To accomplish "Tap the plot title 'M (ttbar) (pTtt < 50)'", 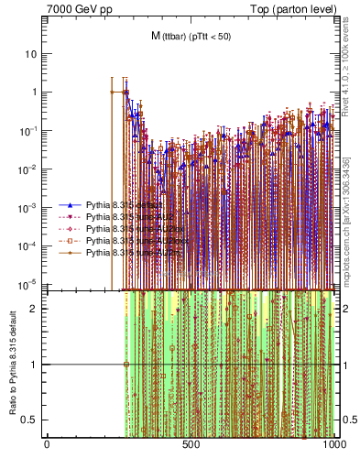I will (190, 36).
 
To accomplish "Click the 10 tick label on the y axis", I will (31, 53).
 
